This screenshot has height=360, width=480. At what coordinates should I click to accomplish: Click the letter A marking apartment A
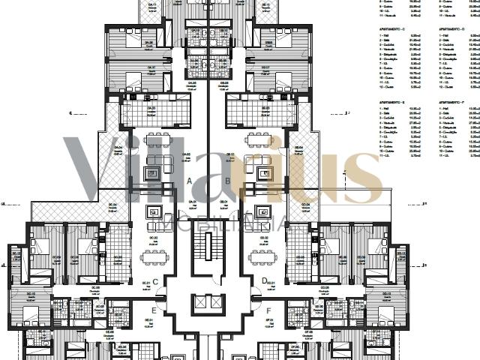190,181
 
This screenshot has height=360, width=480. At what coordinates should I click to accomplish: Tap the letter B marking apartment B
228,181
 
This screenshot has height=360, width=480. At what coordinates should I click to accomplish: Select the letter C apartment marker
154,282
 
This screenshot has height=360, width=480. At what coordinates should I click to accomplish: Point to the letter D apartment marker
264,282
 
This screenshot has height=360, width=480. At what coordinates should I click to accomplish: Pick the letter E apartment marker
154,310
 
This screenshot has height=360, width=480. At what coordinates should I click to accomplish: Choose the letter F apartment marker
268,310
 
